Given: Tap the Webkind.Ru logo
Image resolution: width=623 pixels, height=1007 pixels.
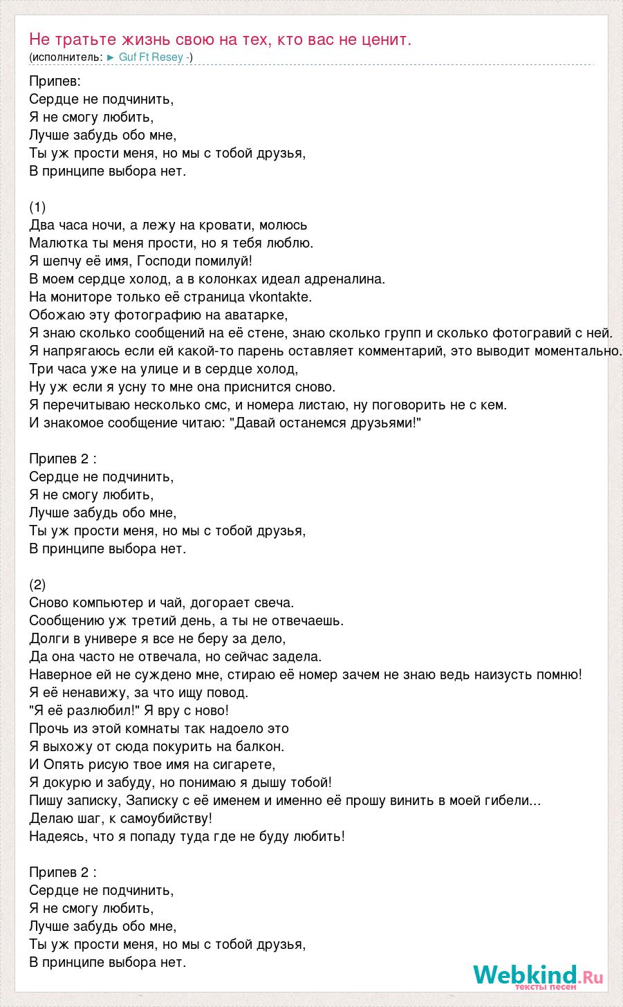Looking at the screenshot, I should (x=537, y=976).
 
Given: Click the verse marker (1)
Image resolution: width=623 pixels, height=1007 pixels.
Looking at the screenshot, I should (x=38, y=207).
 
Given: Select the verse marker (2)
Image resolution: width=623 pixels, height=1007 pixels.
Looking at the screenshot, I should (x=38, y=584).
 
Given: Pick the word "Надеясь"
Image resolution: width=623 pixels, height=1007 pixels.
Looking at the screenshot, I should (x=57, y=836).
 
